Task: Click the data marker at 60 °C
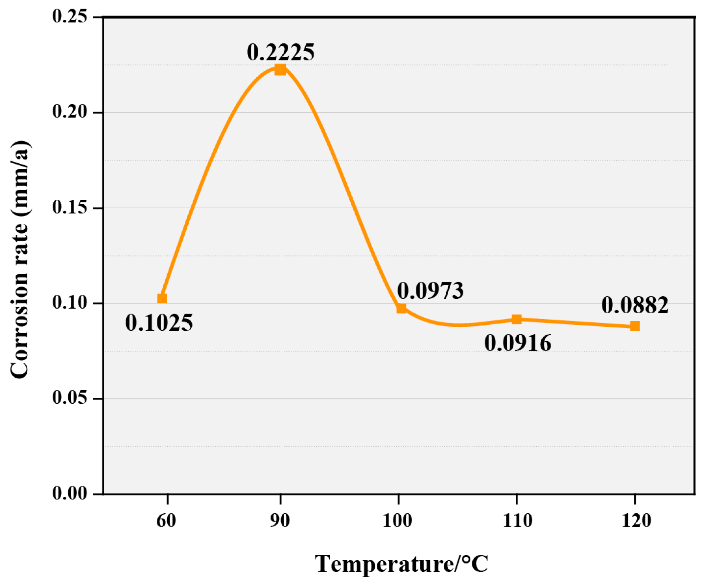click(162, 298)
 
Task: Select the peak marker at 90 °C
click(280, 70)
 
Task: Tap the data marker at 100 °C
click(401, 308)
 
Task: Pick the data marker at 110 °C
click(517, 319)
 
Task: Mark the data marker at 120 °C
click(635, 326)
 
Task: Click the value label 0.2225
click(281, 52)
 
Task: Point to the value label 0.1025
click(159, 323)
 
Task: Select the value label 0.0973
click(430, 291)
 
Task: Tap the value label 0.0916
click(518, 344)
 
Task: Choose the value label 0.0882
click(635, 305)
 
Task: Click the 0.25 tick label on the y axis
click(70, 17)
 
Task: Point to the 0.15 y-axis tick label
click(70, 208)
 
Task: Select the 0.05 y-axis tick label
click(70, 398)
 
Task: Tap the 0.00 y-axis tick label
click(70, 494)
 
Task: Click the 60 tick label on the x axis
click(166, 521)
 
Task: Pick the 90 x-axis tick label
click(280, 521)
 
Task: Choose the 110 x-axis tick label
click(517, 521)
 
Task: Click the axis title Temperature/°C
click(401, 564)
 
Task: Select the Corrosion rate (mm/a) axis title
click(20, 260)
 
